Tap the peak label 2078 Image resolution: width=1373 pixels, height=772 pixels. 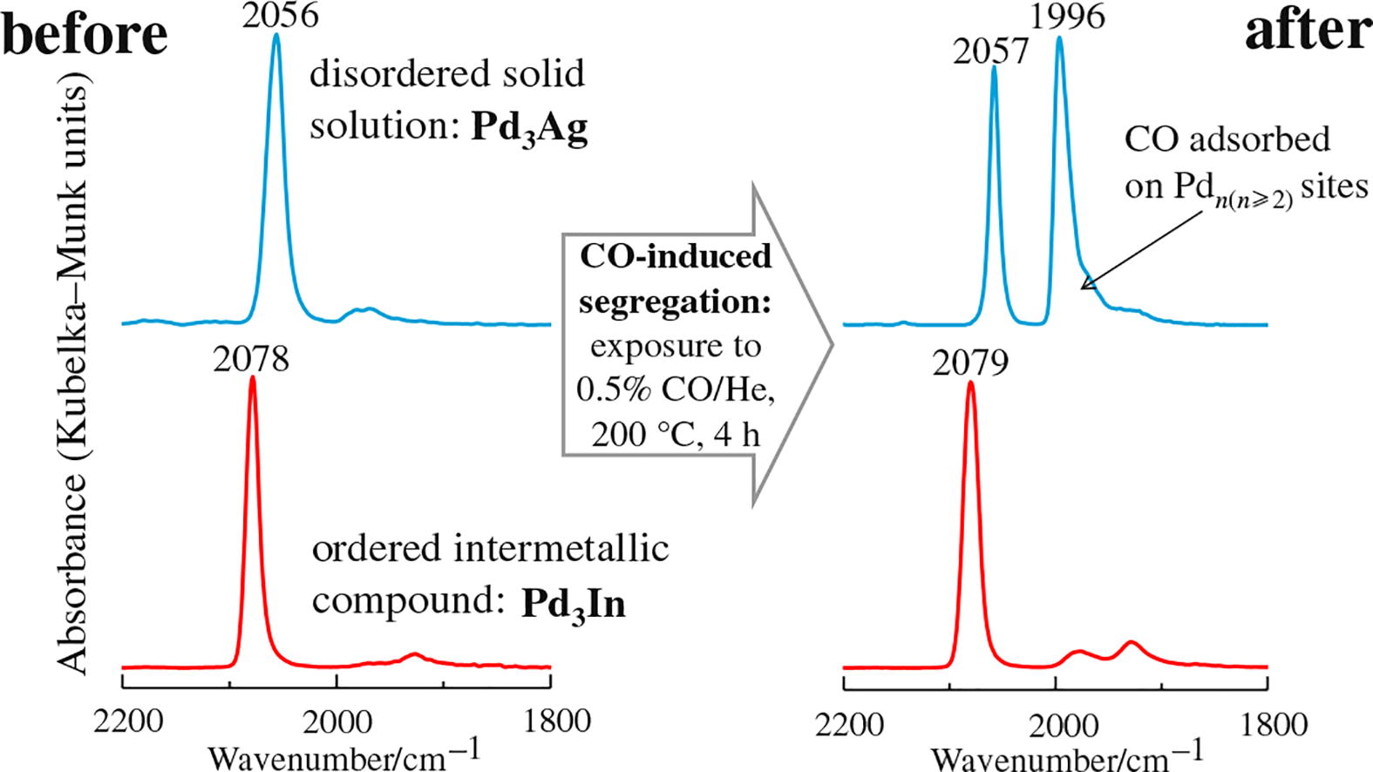tap(251, 357)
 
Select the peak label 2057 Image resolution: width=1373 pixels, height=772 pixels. tap(991, 52)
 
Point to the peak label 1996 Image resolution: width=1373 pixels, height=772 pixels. tap(1068, 17)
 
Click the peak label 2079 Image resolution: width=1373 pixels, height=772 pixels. tap(970, 362)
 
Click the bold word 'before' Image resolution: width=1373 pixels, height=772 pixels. tap(85, 35)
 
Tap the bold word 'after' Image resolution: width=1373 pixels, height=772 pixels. tap(1307, 31)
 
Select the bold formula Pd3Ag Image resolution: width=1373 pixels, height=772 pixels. tap(529, 129)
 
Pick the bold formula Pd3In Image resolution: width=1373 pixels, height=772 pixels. tap(574, 604)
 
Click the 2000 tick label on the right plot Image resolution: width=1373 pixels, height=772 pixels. tap(1057, 723)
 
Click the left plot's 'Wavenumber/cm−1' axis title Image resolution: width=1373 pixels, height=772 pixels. tap(344, 755)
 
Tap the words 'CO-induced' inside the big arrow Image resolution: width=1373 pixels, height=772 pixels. tap(676, 256)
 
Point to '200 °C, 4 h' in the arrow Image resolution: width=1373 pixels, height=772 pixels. tap(676, 434)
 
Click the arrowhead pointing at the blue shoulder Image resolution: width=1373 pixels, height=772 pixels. tap(1086, 282)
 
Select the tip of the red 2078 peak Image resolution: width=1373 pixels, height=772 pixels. tap(253, 378)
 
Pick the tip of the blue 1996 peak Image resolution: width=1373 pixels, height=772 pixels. tap(1060, 38)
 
